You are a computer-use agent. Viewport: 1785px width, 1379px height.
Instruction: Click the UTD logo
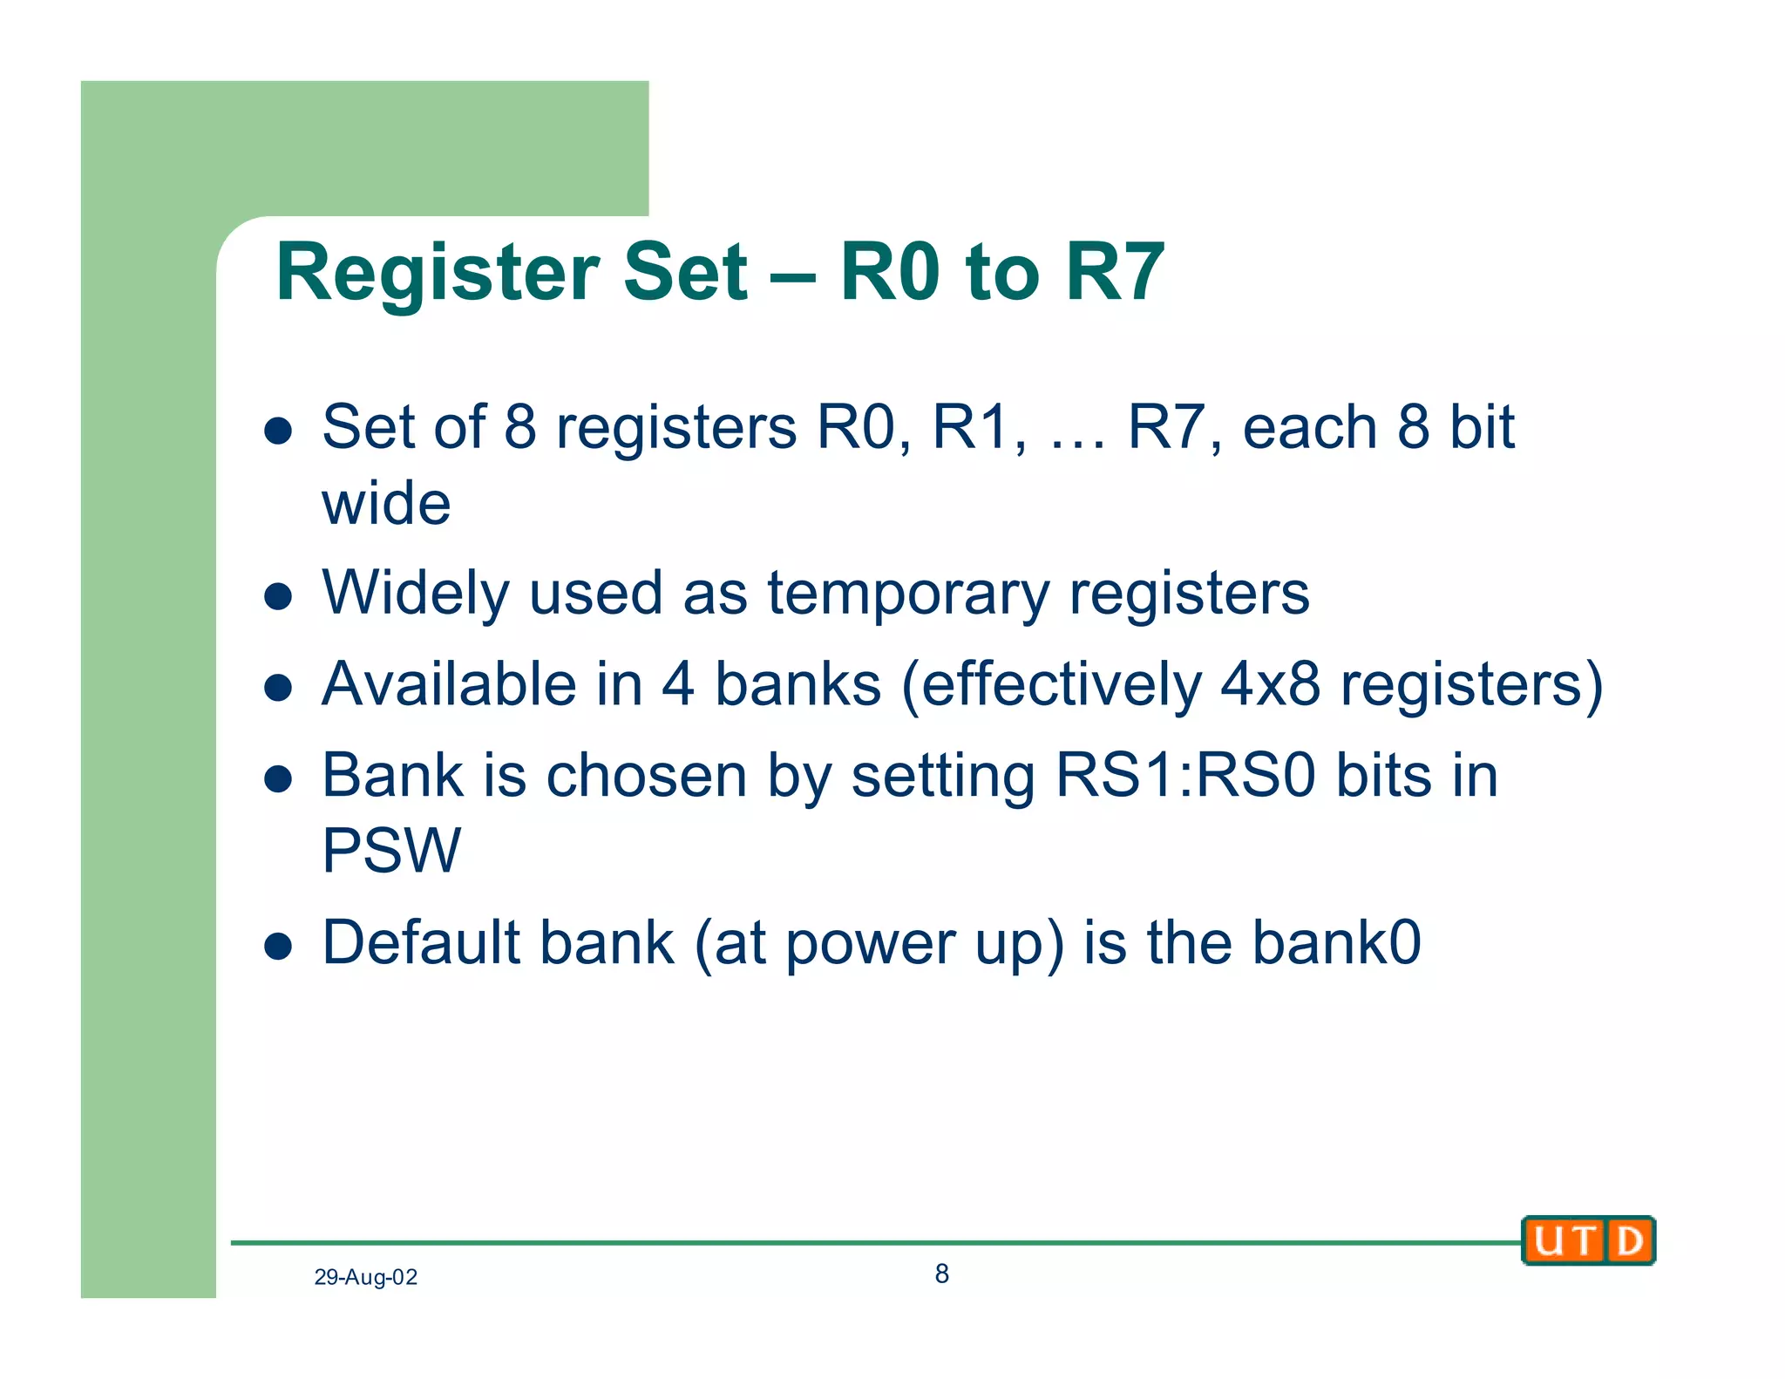tap(1588, 1240)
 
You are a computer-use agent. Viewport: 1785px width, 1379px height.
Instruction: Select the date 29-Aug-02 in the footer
tap(365, 1277)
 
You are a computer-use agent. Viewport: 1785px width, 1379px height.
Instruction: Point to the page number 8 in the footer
tap(941, 1274)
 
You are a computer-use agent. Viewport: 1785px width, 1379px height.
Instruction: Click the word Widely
tap(415, 594)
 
